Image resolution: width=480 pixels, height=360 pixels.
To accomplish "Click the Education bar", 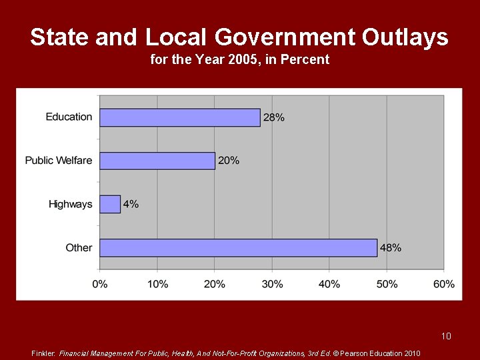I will click(180, 117).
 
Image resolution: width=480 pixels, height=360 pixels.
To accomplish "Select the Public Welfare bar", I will click(157, 161).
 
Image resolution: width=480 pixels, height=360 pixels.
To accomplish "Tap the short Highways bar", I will click(110, 204).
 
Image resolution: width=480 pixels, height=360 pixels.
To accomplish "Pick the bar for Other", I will click(238, 247).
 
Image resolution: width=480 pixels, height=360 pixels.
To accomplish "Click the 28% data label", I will click(274, 117).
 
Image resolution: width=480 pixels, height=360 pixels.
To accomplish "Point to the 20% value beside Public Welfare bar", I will click(229, 161).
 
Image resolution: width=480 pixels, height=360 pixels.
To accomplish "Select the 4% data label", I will click(131, 204).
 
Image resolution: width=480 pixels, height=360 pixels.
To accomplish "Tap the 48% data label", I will click(391, 247).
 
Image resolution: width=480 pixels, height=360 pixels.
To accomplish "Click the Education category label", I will click(69, 117).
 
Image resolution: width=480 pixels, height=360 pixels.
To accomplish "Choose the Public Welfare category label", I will click(59, 161).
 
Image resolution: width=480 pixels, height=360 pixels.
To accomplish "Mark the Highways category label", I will click(71, 204).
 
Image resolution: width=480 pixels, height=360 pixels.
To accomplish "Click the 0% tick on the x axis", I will click(99, 284).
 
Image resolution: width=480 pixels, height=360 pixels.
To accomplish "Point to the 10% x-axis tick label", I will click(157, 284).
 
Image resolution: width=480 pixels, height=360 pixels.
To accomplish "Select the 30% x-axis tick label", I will click(272, 284).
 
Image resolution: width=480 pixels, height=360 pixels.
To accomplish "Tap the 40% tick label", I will click(329, 284).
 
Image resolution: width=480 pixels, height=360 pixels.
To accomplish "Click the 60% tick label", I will click(444, 284).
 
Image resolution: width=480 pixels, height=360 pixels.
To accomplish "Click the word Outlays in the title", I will click(405, 37).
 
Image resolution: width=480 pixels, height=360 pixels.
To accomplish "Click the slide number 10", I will click(446, 336).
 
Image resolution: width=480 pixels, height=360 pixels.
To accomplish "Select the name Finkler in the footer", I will click(44, 353).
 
